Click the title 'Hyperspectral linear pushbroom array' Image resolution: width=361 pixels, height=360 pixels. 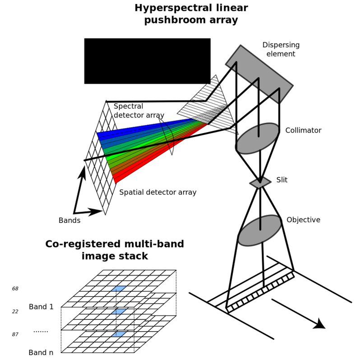(191, 14)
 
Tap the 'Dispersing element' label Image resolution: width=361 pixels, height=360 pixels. (281, 49)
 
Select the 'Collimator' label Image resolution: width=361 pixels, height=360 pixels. (303, 130)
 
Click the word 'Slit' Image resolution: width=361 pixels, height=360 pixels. (282, 180)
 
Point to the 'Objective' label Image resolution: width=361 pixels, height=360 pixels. (303, 220)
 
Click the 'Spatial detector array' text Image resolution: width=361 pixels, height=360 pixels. (157, 192)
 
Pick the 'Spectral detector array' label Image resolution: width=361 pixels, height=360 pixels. (139, 111)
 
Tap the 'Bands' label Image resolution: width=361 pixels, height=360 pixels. (69, 220)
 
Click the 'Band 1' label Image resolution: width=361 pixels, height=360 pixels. (41, 307)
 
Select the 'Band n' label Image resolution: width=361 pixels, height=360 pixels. (41, 352)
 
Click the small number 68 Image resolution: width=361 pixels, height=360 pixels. (15, 289)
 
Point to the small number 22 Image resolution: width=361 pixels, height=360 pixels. (15, 311)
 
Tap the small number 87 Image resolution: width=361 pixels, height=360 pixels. (15, 334)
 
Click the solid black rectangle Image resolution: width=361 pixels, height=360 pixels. (148, 61)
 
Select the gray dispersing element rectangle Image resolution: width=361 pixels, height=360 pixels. (259, 74)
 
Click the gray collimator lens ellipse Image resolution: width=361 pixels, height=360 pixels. (258, 138)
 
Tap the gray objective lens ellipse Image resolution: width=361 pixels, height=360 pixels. (260, 231)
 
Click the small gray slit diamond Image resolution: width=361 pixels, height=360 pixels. (260, 182)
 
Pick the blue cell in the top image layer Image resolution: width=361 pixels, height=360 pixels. (119, 288)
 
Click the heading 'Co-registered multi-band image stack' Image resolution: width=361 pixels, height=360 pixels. (115, 250)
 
